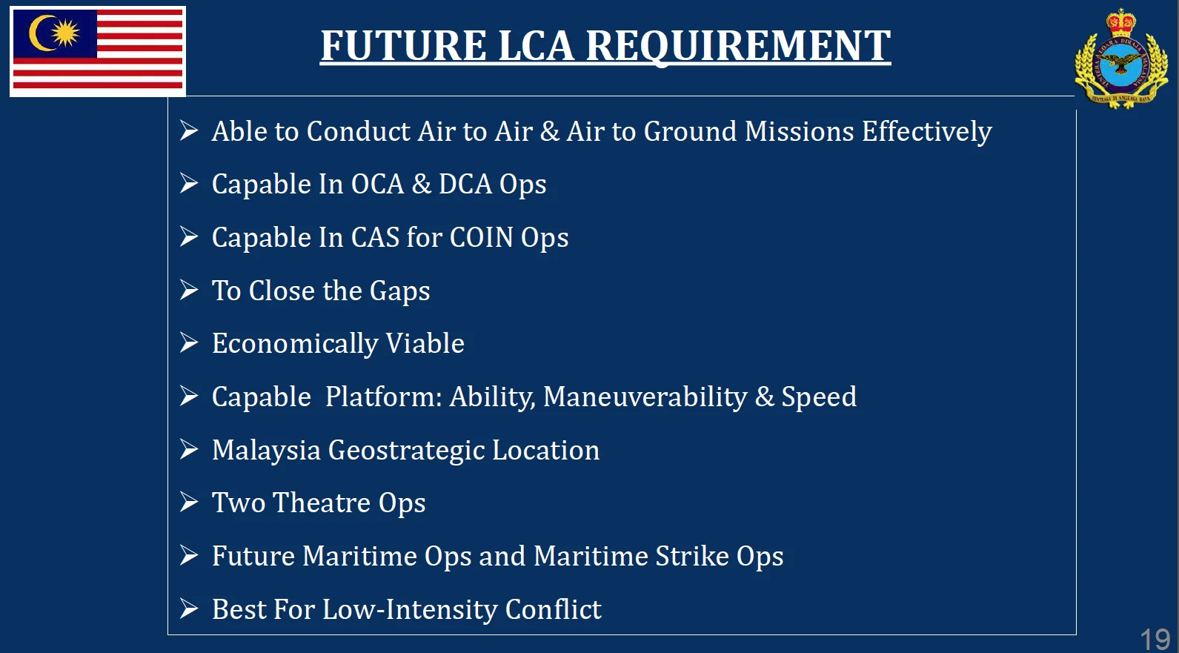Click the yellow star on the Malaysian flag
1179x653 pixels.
65,33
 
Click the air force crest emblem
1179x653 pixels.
1121,59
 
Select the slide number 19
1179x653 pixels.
1155,640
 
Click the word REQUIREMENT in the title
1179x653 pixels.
738,46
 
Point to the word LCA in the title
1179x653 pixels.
535,46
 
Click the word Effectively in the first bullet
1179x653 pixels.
926,132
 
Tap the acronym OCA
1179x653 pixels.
377,185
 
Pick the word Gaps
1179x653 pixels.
399,292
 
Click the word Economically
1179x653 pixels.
295,345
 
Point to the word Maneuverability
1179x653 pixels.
645,397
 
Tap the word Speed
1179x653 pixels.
819,397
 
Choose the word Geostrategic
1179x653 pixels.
406,451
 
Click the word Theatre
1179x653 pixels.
322,503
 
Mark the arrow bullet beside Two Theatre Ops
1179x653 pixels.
189,502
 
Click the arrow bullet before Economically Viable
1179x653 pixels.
189,343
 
